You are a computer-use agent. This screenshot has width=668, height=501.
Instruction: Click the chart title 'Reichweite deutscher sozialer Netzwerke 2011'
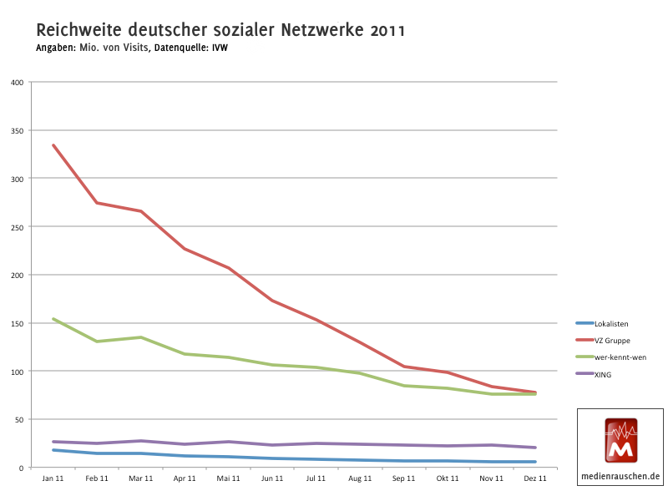tap(221, 31)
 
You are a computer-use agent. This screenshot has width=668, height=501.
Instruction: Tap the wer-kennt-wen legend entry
tap(620, 357)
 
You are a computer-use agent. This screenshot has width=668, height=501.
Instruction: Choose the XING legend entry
tap(603, 375)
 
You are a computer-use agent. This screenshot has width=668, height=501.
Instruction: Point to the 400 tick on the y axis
tap(18, 82)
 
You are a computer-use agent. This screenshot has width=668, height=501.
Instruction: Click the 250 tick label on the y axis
tap(18, 226)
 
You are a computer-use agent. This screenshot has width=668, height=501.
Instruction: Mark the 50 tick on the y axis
tap(19, 419)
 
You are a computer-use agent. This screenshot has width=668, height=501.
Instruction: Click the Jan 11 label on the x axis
tap(53, 478)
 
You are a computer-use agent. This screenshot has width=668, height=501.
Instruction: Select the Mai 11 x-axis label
tap(228, 478)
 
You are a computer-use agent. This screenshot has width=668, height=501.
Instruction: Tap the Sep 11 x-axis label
tap(404, 478)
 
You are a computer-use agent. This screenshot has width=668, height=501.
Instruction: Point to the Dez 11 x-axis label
tap(535, 478)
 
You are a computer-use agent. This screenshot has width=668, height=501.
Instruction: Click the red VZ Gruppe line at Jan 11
tap(53, 145)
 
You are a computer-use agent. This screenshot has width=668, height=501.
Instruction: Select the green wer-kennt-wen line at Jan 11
tap(53, 319)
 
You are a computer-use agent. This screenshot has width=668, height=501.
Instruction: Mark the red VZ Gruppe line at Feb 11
tap(97, 203)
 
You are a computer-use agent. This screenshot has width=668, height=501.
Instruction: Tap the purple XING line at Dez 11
tap(535, 448)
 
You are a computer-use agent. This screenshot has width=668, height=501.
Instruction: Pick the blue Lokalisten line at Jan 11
tap(53, 450)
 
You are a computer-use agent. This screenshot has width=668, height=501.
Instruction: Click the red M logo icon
tap(620, 440)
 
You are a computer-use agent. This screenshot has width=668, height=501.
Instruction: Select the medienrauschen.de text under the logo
tap(620, 477)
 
